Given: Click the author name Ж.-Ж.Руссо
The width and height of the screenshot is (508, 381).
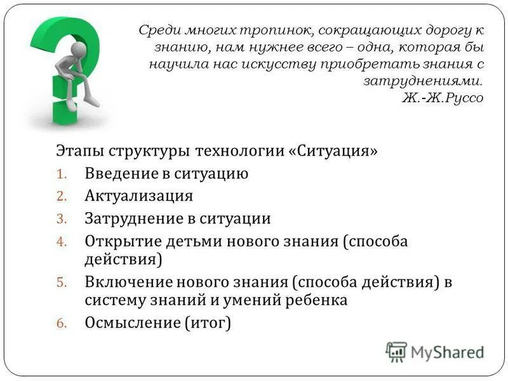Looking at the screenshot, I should (443, 98).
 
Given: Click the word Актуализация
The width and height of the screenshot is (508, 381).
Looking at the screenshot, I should (138, 196).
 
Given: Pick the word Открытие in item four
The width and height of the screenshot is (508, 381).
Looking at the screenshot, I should (123, 242).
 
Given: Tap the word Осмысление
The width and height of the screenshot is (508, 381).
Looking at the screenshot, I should (133, 323).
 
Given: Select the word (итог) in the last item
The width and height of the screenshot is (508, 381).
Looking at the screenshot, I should (208, 323).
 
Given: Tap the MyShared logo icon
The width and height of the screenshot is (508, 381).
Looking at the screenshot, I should (396, 352).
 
